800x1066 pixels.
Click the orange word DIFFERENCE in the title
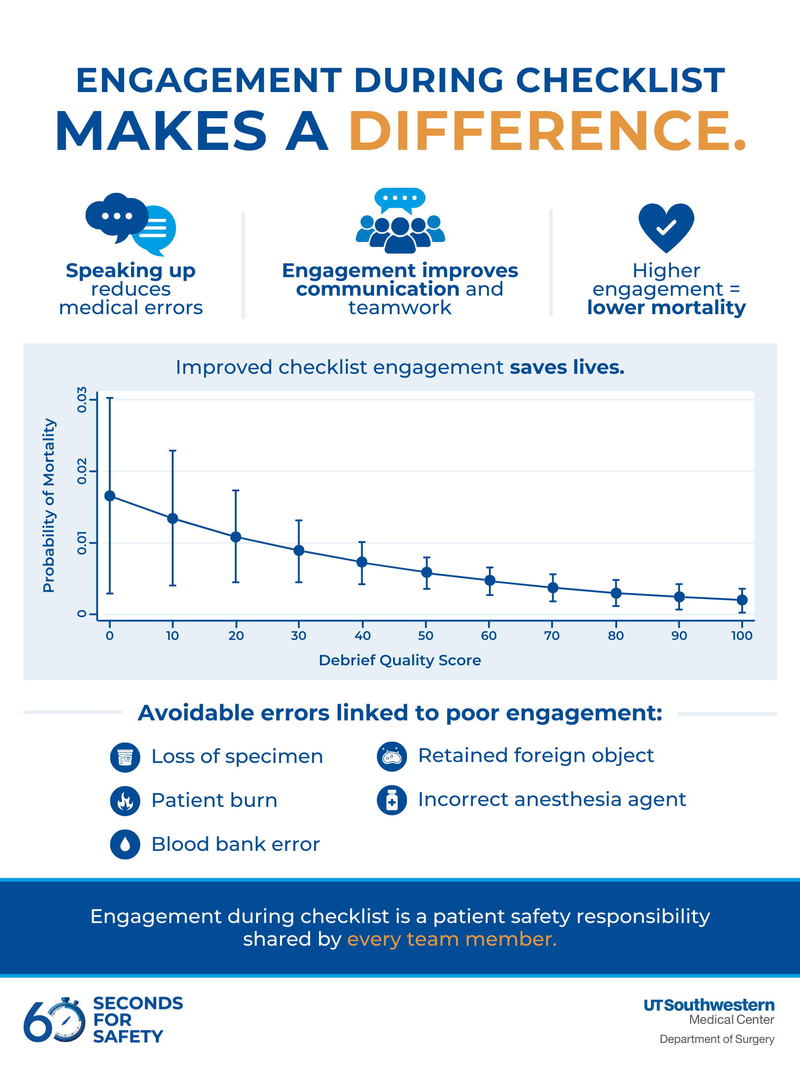[547, 131]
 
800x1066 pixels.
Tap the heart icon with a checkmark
[666, 227]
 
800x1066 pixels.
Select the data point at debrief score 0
[110, 496]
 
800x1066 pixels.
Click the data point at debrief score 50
[427, 572]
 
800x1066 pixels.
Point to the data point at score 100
[742, 600]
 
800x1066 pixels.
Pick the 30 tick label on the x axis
[299, 636]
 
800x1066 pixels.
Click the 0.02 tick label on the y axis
[82, 471]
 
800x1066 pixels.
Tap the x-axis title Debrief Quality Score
[400, 660]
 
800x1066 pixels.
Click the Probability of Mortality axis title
[49, 505]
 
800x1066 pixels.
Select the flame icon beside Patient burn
[125, 801]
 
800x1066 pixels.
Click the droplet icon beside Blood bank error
[125, 844]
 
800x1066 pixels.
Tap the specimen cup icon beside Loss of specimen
[125, 757]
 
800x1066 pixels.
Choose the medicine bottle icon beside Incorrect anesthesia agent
[392, 800]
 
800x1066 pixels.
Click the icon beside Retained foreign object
[392, 756]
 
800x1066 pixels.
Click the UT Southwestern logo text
[709, 1005]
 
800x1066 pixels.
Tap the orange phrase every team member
[451, 939]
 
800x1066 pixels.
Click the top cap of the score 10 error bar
[173, 451]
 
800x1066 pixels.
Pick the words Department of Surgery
[717, 1039]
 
